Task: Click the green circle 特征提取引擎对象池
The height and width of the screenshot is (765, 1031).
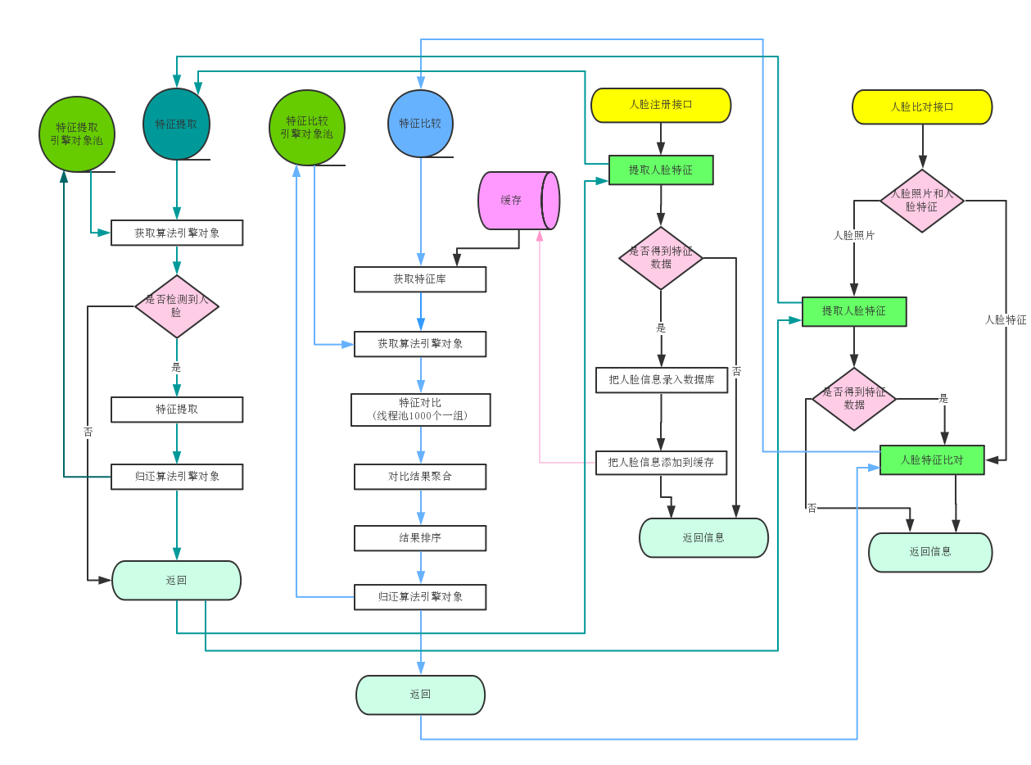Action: click(x=77, y=134)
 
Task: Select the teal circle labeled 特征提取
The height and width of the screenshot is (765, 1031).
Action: click(x=176, y=124)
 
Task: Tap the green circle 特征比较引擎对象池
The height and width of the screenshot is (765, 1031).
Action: click(x=307, y=128)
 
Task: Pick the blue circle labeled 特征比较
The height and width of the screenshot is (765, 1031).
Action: click(x=420, y=123)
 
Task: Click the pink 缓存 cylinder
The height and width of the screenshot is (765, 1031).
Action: click(x=518, y=201)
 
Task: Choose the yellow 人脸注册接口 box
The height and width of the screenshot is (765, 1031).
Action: click(x=661, y=105)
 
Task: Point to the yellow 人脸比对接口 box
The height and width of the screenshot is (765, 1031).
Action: click(x=922, y=107)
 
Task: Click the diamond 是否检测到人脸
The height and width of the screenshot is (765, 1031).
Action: click(x=177, y=306)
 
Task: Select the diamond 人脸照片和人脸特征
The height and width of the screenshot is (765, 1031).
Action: click(x=922, y=201)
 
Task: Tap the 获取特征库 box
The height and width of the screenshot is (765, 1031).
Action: click(x=420, y=279)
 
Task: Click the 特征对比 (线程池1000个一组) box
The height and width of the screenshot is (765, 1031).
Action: click(x=421, y=410)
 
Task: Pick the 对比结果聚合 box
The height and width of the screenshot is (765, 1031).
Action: click(x=420, y=476)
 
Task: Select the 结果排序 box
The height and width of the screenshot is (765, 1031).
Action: click(x=420, y=538)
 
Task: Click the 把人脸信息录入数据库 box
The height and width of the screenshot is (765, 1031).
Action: click(x=662, y=380)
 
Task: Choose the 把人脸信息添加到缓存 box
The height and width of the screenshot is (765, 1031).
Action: click(x=661, y=463)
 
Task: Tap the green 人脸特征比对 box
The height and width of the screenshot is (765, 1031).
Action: click(x=932, y=460)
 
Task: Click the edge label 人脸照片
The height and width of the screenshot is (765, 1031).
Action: click(x=853, y=235)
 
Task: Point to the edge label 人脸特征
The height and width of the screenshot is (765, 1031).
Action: click(x=1006, y=319)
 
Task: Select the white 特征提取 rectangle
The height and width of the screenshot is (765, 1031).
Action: click(x=177, y=410)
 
